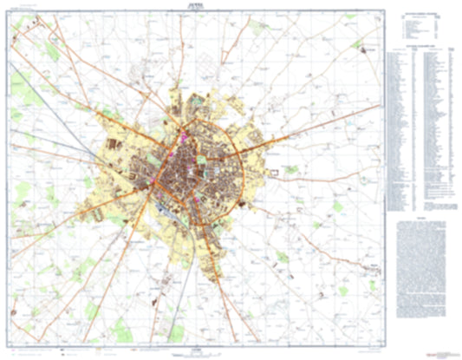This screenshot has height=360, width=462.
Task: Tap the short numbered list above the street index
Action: [x=421, y=26]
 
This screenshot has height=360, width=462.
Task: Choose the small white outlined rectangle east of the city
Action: [x=277, y=173]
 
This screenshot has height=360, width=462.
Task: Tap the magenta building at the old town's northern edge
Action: [x=185, y=136]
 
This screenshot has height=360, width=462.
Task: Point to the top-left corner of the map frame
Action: [x=10, y=11]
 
